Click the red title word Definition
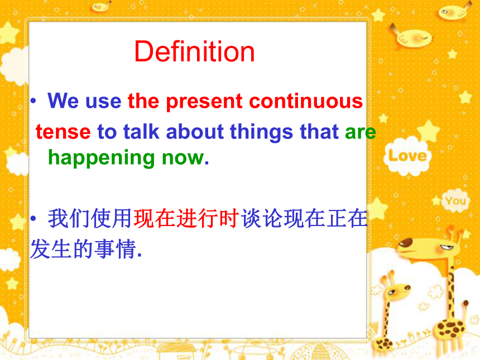tap(194, 51)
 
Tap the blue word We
tap(64, 100)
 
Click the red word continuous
tap(306, 100)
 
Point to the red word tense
tap(63, 132)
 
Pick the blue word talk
tap(141, 131)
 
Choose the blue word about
tap(195, 131)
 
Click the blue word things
tap(262, 132)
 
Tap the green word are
tap(361, 132)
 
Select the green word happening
tap(102, 157)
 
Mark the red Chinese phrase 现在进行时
tap(186, 218)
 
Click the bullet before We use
tap(33, 100)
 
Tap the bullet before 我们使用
tap(33, 218)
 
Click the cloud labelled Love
tap(407, 156)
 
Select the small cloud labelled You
tap(455, 201)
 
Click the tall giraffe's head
tap(429, 247)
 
